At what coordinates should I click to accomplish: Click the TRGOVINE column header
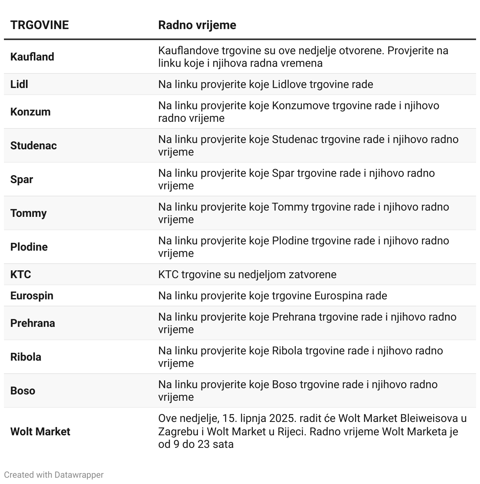[x=39, y=25]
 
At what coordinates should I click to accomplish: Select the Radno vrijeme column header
[x=197, y=25]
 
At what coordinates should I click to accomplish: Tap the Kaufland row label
[x=32, y=57]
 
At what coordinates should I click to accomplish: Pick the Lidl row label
[x=19, y=84]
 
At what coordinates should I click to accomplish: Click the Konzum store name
[x=30, y=112]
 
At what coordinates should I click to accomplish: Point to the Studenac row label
[x=33, y=146]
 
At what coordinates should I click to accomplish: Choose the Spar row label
[x=22, y=180]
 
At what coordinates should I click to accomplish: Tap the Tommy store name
[x=28, y=213]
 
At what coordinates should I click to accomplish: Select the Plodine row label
[x=29, y=247]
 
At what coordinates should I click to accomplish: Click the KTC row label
[x=20, y=275]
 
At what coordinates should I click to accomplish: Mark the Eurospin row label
[x=32, y=296]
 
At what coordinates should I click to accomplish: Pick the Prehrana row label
[x=33, y=323]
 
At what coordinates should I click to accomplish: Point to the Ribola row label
[x=26, y=357]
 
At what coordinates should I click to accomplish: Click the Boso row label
[x=23, y=391]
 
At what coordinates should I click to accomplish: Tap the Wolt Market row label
[x=40, y=432]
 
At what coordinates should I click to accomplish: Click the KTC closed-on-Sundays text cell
[x=247, y=275]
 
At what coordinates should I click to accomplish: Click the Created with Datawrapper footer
[x=54, y=475]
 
